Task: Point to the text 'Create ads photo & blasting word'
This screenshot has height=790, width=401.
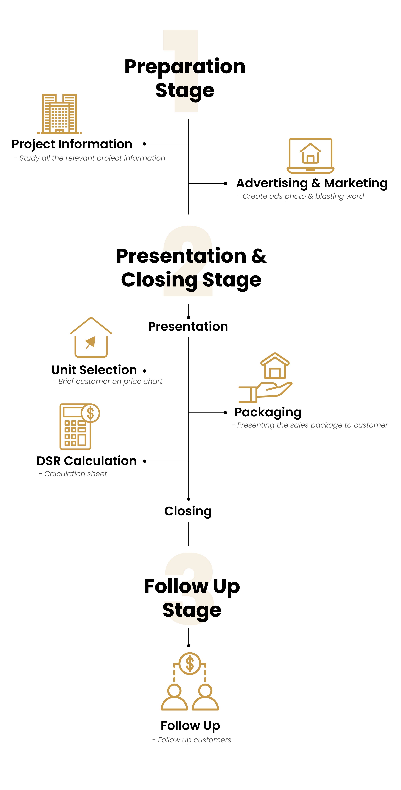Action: pyautogui.click(x=303, y=196)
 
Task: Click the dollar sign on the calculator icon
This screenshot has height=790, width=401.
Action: pyautogui.click(x=90, y=413)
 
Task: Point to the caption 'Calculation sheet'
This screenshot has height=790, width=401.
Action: pyautogui.click(x=75, y=474)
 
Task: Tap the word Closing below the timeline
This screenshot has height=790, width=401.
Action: pyautogui.click(x=188, y=511)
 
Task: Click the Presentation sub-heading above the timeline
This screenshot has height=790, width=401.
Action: pyautogui.click(x=188, y=327)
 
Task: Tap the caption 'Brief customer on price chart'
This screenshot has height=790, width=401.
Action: pyautogui.click(x=110, y=382)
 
